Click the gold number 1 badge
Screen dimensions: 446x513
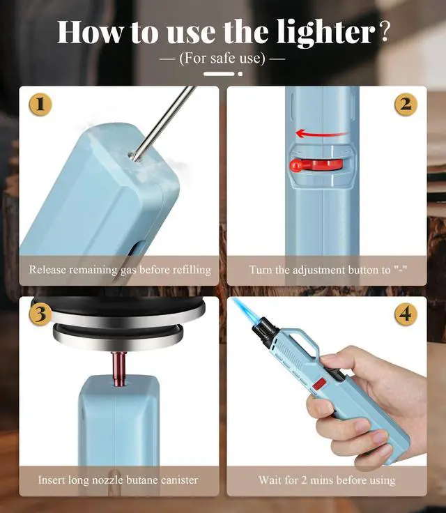tap(40, 105)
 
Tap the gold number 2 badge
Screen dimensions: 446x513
tap(406, 105)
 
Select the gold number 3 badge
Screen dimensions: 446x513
tap(40, 314)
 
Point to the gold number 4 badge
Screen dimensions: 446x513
tap(406, 314)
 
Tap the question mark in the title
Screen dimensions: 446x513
tap(385, 32)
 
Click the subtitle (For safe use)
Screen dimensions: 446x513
tap(222, 59)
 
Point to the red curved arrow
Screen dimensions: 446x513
tap(321, 134)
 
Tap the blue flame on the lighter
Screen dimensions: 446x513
tap(244, 311)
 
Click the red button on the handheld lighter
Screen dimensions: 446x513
tap(319, 383)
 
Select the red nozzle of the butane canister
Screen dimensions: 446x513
tap(119, 368)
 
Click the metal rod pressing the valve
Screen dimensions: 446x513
tap(162, 123)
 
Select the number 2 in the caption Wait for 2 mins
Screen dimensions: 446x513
tap(304, 480)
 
